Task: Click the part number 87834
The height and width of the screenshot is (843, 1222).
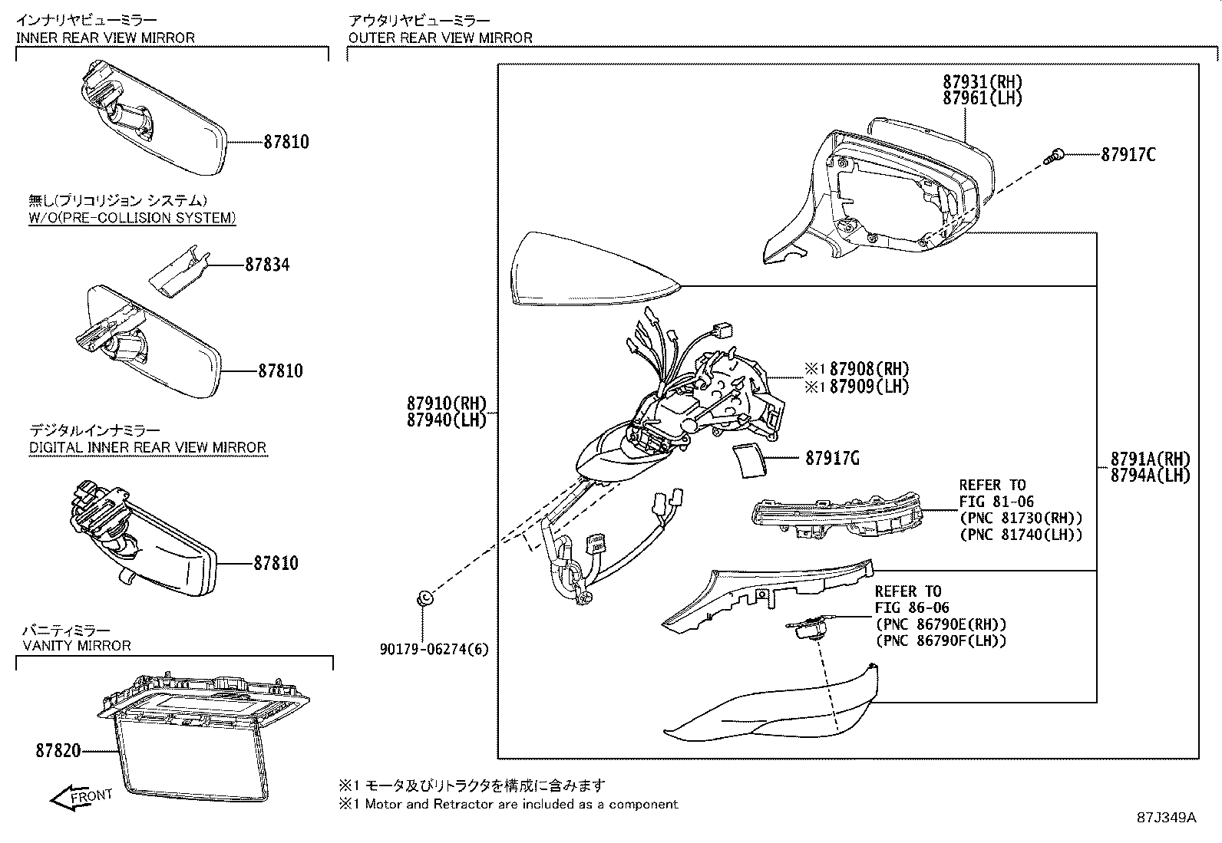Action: (x=267, y=265)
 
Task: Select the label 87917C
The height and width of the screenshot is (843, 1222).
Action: (x=1128, y=154)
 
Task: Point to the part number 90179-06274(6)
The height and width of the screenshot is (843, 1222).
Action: (x=434, y=650)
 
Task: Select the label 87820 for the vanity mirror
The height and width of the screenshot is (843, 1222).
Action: (x=58, y=751)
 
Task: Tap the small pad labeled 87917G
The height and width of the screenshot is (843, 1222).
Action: (x=748, y=459)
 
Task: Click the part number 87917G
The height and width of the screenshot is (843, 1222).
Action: (x=832, y=459)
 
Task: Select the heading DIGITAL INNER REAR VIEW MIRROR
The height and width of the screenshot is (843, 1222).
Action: (x=147, y=447)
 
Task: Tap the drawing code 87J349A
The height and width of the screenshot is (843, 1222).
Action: (x=1166, y=818)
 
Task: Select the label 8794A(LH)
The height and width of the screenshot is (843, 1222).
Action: (x=1150, y=476)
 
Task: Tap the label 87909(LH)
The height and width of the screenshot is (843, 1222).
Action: (x=869, y=387)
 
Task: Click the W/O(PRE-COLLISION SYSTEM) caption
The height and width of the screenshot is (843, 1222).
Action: (x=132, y=218)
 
